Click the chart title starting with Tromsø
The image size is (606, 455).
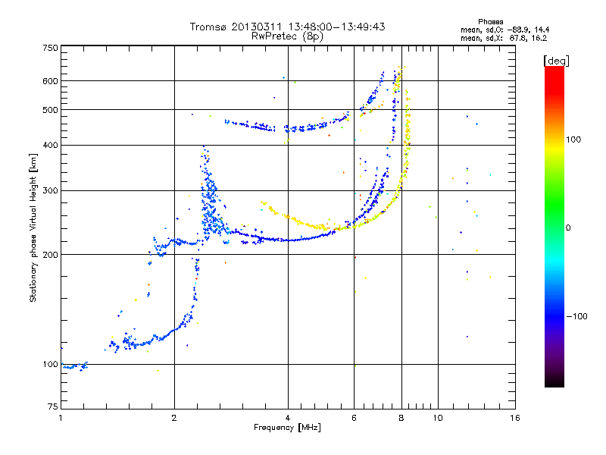(287, 27)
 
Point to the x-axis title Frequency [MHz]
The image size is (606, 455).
(287, 428)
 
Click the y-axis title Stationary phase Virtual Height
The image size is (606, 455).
(33, 227)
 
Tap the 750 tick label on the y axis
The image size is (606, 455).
(51, 47)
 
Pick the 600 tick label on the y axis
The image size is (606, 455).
(51, 80)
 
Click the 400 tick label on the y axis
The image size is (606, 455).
(51, 145)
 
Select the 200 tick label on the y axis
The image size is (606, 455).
(51, 254)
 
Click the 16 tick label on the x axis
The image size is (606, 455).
(514, 418)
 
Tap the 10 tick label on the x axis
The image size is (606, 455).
(437, 418)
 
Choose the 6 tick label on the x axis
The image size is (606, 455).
(354, 418)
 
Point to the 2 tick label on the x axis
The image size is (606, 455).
(174, 418)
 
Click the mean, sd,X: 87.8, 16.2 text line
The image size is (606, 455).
(503, 37)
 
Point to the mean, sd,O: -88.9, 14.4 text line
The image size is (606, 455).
(503, 29)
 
